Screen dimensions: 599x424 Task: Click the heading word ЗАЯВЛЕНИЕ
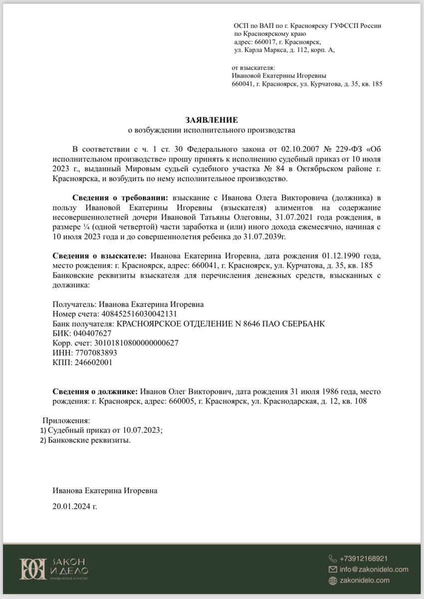point(212,120)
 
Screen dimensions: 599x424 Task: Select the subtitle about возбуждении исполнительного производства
point(212,130)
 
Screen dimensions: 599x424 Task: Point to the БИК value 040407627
point(92,333)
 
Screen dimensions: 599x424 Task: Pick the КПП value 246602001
point(93,362)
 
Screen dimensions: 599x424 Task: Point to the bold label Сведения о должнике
point(95,392)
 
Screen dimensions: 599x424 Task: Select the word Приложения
point(66,421)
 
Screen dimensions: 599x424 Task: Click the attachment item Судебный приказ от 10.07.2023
point(105,430)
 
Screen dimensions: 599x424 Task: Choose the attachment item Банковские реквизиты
point(89,440)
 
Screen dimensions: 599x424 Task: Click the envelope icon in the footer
point(333,569)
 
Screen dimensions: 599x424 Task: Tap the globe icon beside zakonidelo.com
point(333,580)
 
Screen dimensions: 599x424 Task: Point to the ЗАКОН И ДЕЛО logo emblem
point(32,569)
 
